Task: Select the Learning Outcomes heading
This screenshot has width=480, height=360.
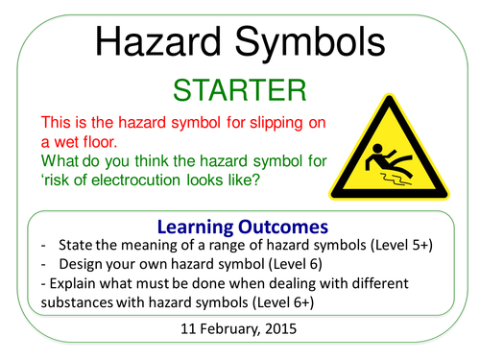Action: (x=239, y=226)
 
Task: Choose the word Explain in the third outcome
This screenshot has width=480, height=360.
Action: (x=79, y=284)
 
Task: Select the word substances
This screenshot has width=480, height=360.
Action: (x=84, y=304)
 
